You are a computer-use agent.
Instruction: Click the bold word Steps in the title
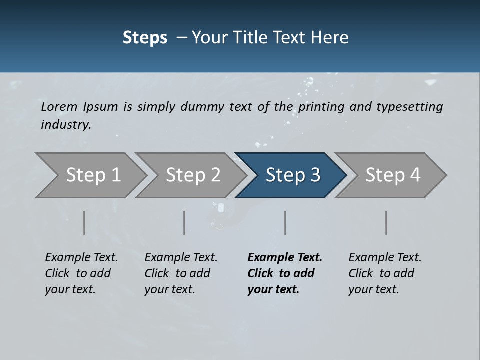pyautogui.click(x=145, y=38)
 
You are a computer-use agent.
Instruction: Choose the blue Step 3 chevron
pyautogui.click(x=291, y=175)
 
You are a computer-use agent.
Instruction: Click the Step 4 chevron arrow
pyautogui.click(x=391, y=175)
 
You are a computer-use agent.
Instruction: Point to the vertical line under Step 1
pyautogui.click(x=84, y=223)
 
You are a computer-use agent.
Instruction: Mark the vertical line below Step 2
pyautogui.click(x=184, y=223)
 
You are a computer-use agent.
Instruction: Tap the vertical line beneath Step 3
pyautogui.click(x=285, y=223)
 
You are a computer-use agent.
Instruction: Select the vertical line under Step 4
pyautogui.click(x=386, y=223)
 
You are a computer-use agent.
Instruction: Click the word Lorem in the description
pyautogui.click(x=59, y=107)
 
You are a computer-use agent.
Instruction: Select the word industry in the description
pyautogui.click(x=66, y=125)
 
